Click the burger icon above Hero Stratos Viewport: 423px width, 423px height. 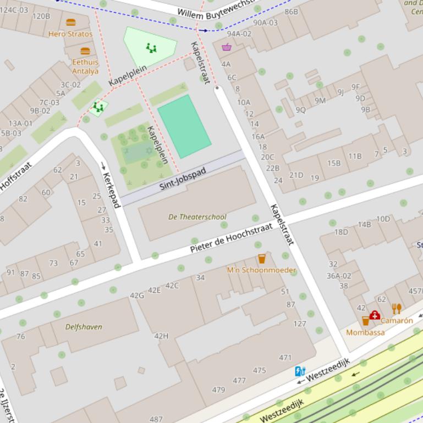click(71, 23)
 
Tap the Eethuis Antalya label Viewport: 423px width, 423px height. click(85, 66)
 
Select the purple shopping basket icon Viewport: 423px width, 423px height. click(227, 47)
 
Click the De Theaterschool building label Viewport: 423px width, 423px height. click(197, 217)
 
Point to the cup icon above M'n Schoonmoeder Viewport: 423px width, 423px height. click(262, 259)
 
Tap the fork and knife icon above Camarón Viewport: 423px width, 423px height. click(397, 309)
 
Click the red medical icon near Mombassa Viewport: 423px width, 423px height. click(375, 315)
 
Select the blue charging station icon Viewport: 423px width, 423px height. click(300, 371)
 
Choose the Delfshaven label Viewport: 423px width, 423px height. click(84, 327)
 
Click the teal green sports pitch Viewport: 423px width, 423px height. click(184, 126)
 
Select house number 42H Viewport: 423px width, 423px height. click(161, 336)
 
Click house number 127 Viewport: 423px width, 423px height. click(300, 324)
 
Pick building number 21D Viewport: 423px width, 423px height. click(296, 175)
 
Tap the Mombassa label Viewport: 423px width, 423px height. click(365, 332)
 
